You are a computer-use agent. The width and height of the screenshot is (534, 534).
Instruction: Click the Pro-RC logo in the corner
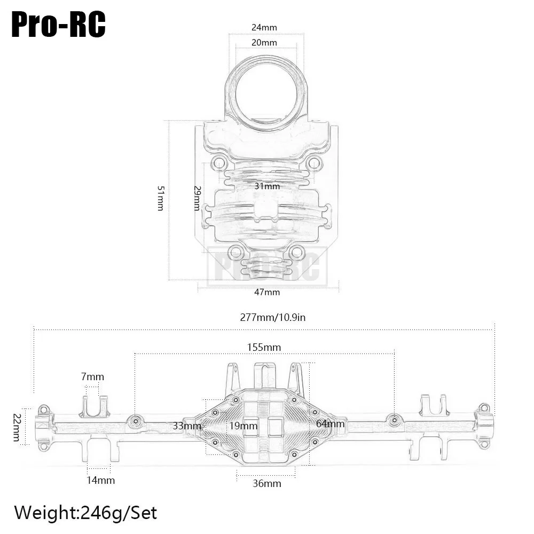point(59,25)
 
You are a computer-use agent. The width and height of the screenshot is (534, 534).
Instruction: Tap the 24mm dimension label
point(264,27)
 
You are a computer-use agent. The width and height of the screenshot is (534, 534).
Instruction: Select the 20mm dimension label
point(264,43)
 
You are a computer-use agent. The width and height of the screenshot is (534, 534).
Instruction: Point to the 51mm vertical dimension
point(161,198)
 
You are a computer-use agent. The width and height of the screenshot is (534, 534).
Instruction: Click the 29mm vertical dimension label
point(197,198)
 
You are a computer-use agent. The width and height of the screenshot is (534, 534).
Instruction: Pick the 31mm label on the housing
point(267,186)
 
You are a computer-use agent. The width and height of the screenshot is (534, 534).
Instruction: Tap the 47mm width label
point(267,292)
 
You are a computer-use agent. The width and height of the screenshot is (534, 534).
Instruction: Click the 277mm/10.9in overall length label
point(272,317)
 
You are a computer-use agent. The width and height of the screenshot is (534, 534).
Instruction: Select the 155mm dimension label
point(264,348)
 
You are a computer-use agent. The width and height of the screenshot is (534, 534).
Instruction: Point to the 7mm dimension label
point(92,376)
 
